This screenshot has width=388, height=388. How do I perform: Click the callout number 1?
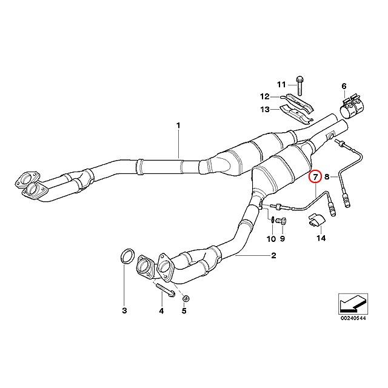(x=178, y=125)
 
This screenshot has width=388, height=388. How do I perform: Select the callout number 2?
(x=273, y=256)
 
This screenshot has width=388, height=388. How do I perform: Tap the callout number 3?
(x=124, y=311)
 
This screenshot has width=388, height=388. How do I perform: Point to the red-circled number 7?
(x=315, y=177)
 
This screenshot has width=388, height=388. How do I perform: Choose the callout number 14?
(x=321, y=239)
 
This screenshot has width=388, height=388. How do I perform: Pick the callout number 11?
(x=281, y=84)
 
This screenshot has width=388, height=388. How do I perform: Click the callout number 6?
(x=344, y=87)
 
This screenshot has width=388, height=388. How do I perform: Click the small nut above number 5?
(x=186, y=298)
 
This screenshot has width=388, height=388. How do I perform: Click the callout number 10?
(x=272, y=239)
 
